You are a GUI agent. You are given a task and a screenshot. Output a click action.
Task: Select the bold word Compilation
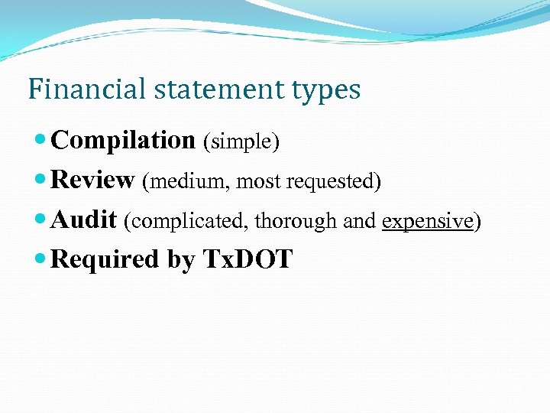123,141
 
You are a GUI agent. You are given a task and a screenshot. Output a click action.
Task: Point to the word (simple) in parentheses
241,141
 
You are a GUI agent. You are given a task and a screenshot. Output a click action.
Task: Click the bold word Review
92,180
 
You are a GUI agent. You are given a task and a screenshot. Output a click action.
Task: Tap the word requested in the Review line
334,182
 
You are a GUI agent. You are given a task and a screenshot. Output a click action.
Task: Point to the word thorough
296,221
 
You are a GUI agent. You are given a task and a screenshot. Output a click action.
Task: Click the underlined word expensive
427,221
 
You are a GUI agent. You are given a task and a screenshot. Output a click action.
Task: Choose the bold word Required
105,260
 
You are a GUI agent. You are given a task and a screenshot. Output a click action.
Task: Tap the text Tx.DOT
247,260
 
